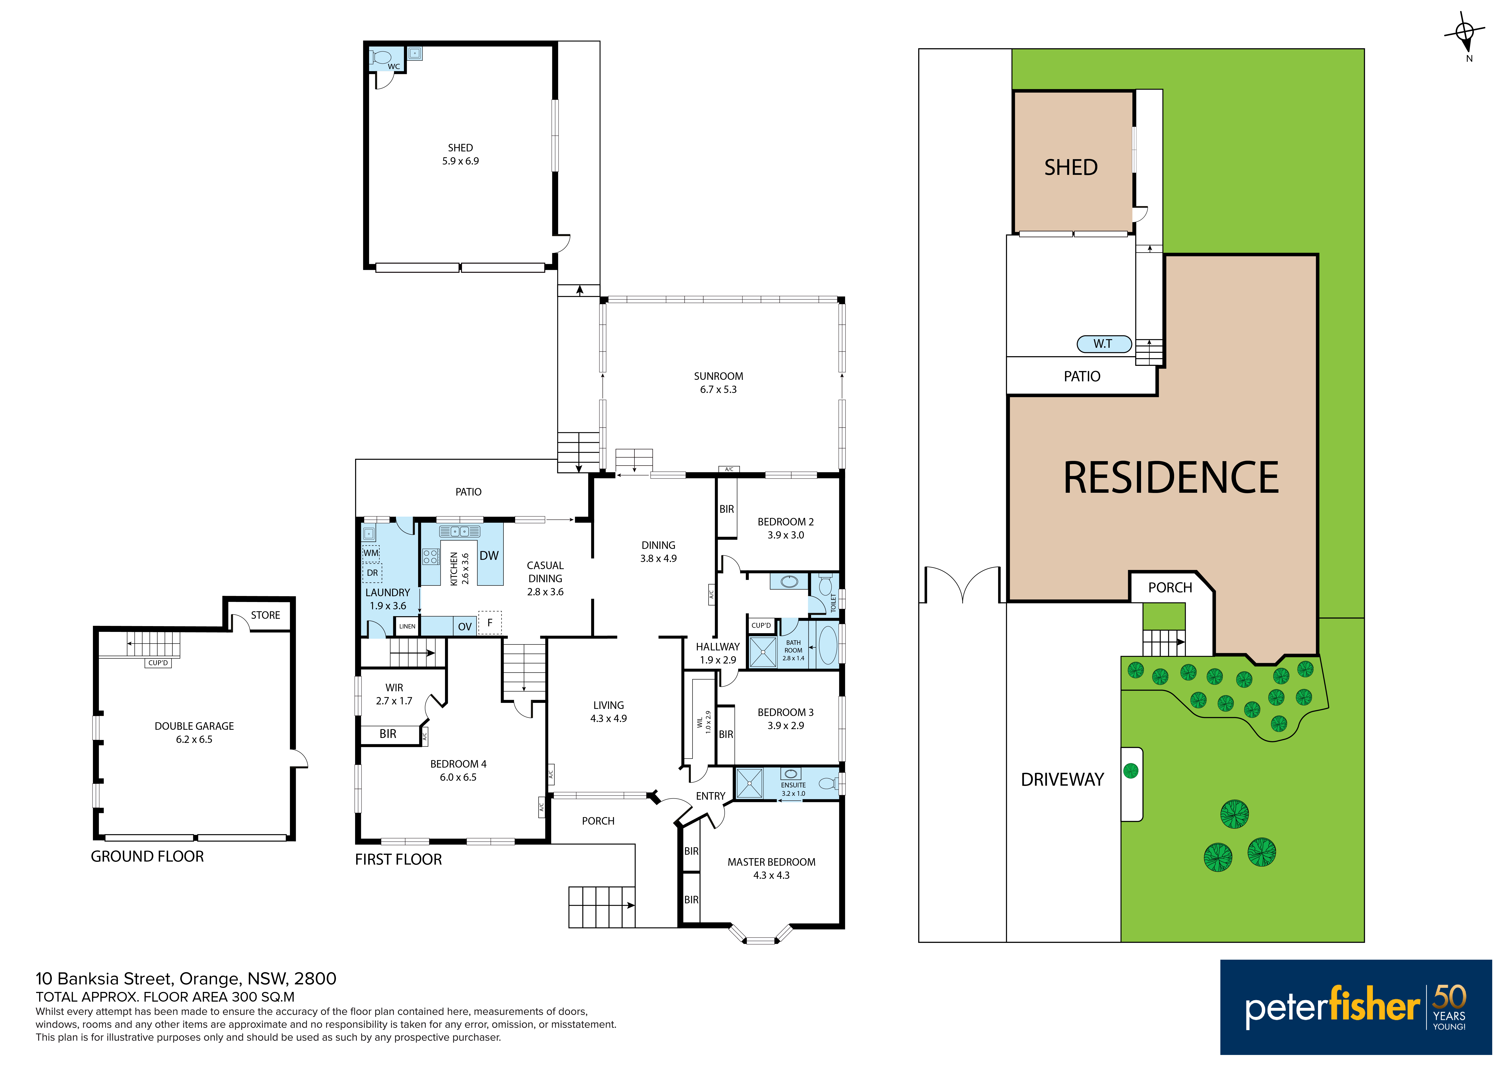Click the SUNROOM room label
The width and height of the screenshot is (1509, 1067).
click(x=718, y=376)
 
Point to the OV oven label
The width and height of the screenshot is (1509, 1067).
click(x=465, y=627)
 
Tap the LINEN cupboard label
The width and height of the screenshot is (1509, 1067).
click(x=408, y=627)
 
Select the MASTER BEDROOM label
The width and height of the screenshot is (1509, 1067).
click(x=771, y=862)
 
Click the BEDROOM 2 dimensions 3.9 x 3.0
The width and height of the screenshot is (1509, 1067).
click(x=786, y=535)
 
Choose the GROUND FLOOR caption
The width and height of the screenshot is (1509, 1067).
click(x=147, y=857)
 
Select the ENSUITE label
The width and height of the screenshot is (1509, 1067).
click(x=793, y=785)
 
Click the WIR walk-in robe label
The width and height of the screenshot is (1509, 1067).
click(x=394, y=688)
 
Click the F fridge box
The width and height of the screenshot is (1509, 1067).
click(x=490, y=623)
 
